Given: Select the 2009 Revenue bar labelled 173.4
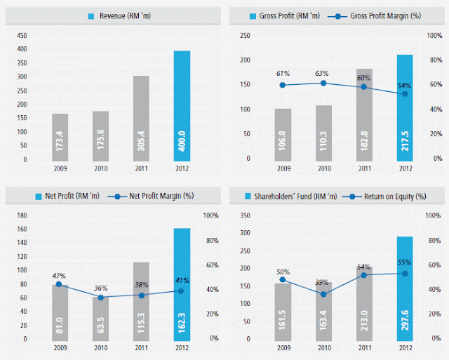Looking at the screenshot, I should pos(60,137).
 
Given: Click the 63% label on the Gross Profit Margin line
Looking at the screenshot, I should pos(323,72).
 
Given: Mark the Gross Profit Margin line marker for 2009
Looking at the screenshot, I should pos(282,85).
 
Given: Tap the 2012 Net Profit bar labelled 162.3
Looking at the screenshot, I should pos(182,284).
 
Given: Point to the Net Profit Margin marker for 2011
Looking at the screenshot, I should pos(141,295).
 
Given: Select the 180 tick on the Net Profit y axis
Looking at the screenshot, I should pos(22,215).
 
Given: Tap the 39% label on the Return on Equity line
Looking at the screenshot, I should pos(323,282).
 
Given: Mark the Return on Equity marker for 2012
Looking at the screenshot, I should pos(406,273).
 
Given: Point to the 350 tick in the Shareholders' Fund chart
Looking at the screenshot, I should pos(246,215).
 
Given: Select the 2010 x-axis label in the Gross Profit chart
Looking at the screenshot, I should pos(323,168).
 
